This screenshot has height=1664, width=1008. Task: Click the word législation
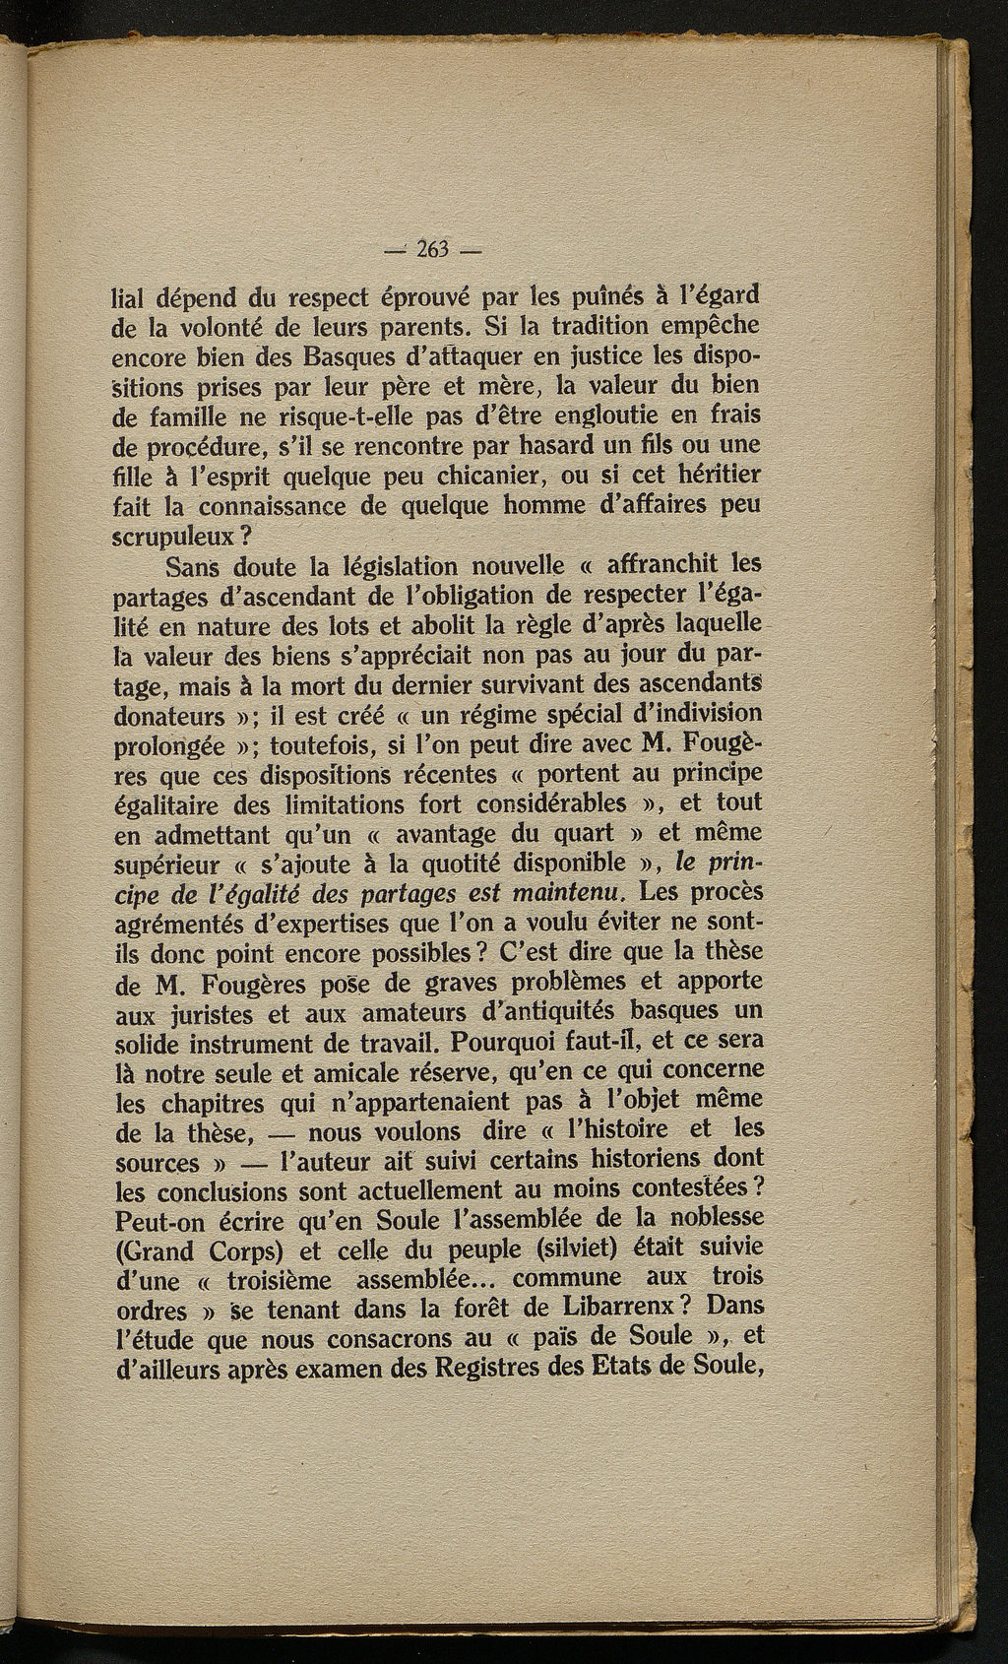[401, 567]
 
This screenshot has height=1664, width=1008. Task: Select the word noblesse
[707, 1217]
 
